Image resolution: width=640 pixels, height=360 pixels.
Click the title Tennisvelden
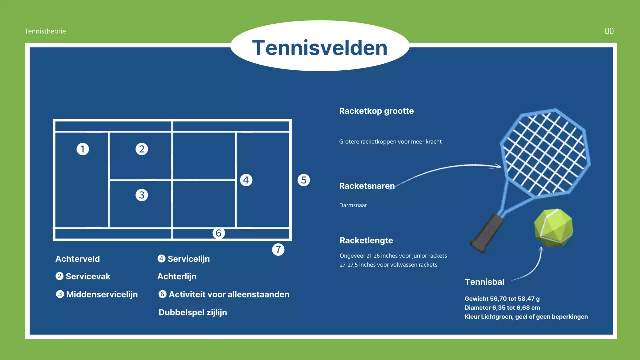click(320, 48)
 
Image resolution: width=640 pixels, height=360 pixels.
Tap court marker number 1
click(83, 149)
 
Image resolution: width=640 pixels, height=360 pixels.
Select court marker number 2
click(142, 149)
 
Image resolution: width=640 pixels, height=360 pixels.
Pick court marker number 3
click(142, 195)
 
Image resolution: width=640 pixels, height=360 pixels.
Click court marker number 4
click(246, 180)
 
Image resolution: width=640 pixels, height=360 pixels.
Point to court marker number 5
click(304, 180)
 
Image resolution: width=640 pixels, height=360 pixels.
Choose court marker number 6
click(218, 233)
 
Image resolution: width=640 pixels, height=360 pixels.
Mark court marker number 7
click(278, 249)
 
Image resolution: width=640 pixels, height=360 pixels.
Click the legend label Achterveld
click(78, 259)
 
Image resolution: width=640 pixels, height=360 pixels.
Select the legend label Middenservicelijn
click(102, 294)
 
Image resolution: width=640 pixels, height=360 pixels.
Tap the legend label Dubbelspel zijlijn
click(193, 312)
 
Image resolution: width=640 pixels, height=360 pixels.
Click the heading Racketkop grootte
click(376, 111)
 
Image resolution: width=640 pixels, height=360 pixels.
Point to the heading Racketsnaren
click(367, 186)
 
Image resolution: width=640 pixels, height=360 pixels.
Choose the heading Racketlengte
click(366, 240)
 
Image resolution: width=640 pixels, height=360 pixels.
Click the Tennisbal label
click(484, 282)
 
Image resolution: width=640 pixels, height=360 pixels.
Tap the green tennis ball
click(553, 228)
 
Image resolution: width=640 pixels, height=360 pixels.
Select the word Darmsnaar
click(353, 205)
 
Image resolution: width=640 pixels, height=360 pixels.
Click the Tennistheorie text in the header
click(45, 31)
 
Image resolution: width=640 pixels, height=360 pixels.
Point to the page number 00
click(609, 31)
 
